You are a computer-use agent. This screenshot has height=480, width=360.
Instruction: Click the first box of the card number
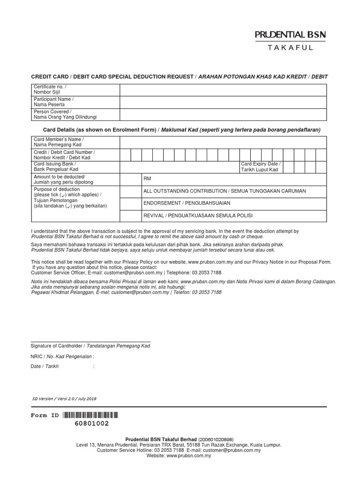(x=125, y=155)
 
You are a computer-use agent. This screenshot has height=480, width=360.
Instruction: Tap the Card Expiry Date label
(x=261, y=166)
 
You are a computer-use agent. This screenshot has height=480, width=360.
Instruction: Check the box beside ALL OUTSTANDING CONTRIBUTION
(x=131, y=191)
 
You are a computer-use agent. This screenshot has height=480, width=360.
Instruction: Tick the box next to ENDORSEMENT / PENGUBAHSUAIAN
(x=131, y=203)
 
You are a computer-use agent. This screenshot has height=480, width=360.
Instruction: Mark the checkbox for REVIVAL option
(x=131, y=215)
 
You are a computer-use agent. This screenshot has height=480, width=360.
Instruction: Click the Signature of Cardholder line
(x=90, y=341)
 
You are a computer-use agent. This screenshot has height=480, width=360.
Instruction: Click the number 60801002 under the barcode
(x=92, y=423)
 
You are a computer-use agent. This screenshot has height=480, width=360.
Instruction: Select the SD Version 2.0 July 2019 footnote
(x=64, y=398)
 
